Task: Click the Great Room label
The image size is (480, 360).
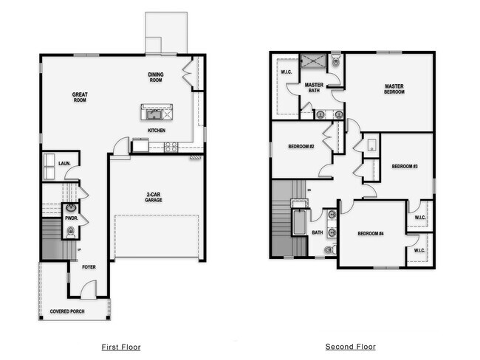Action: pyautogui.click(x=80, y=97)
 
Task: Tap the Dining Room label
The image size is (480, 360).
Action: pyautogui.click(x=156, y=77)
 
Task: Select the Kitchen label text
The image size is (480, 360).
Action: pyautogui.click(x=156, y=131)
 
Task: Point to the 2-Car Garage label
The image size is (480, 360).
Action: pyautogui.click(x=154, y=197)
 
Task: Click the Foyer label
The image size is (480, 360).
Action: pyautogui.click(x=89, y=267)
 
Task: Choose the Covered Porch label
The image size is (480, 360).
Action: pyautogui.click(x=67, y=312)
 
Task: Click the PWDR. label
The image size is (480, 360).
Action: pyautogui.click(x=71, y=219)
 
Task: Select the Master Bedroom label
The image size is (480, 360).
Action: pyautogui.click(x=394, y=89)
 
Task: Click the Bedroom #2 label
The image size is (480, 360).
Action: pyautogui.click(x=302, y=146)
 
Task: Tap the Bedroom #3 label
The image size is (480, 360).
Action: pyautogui.click(x=405, y=166)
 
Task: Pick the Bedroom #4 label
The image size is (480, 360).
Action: pyautogui.click(x=371, y=234)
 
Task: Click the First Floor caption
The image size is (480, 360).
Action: pyautogui.click(x=120, y=347)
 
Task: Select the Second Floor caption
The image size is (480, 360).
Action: pyautogui.click(x=350, y=347)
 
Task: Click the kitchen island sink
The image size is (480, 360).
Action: pyautogui.click(x=155, y=114)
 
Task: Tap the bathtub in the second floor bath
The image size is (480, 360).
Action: pyautogui.click(x=299, y=223)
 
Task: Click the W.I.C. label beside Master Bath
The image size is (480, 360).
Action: pyautogui.click(x=287, y=72)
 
